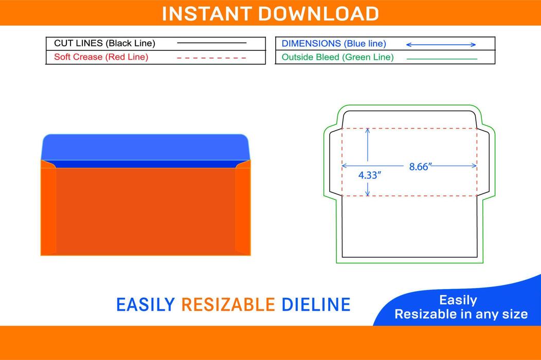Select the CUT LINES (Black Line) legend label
click(104, 44)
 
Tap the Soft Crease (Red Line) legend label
click(101, 57)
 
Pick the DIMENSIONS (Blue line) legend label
click(334, 44)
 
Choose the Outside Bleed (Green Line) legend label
click(337, 57)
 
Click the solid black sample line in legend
click(211, 43)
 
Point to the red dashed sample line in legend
click(211, 58)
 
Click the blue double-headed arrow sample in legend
click(441, 45)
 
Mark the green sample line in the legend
click(441, 58)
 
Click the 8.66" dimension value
click(420, 167)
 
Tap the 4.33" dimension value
click(369, 175)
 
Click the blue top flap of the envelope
click(145, 146)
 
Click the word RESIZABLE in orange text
click(228, 304)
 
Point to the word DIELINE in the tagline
click(316, 304)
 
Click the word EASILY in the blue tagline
click(146, 304)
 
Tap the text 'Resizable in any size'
click(461, 314)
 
